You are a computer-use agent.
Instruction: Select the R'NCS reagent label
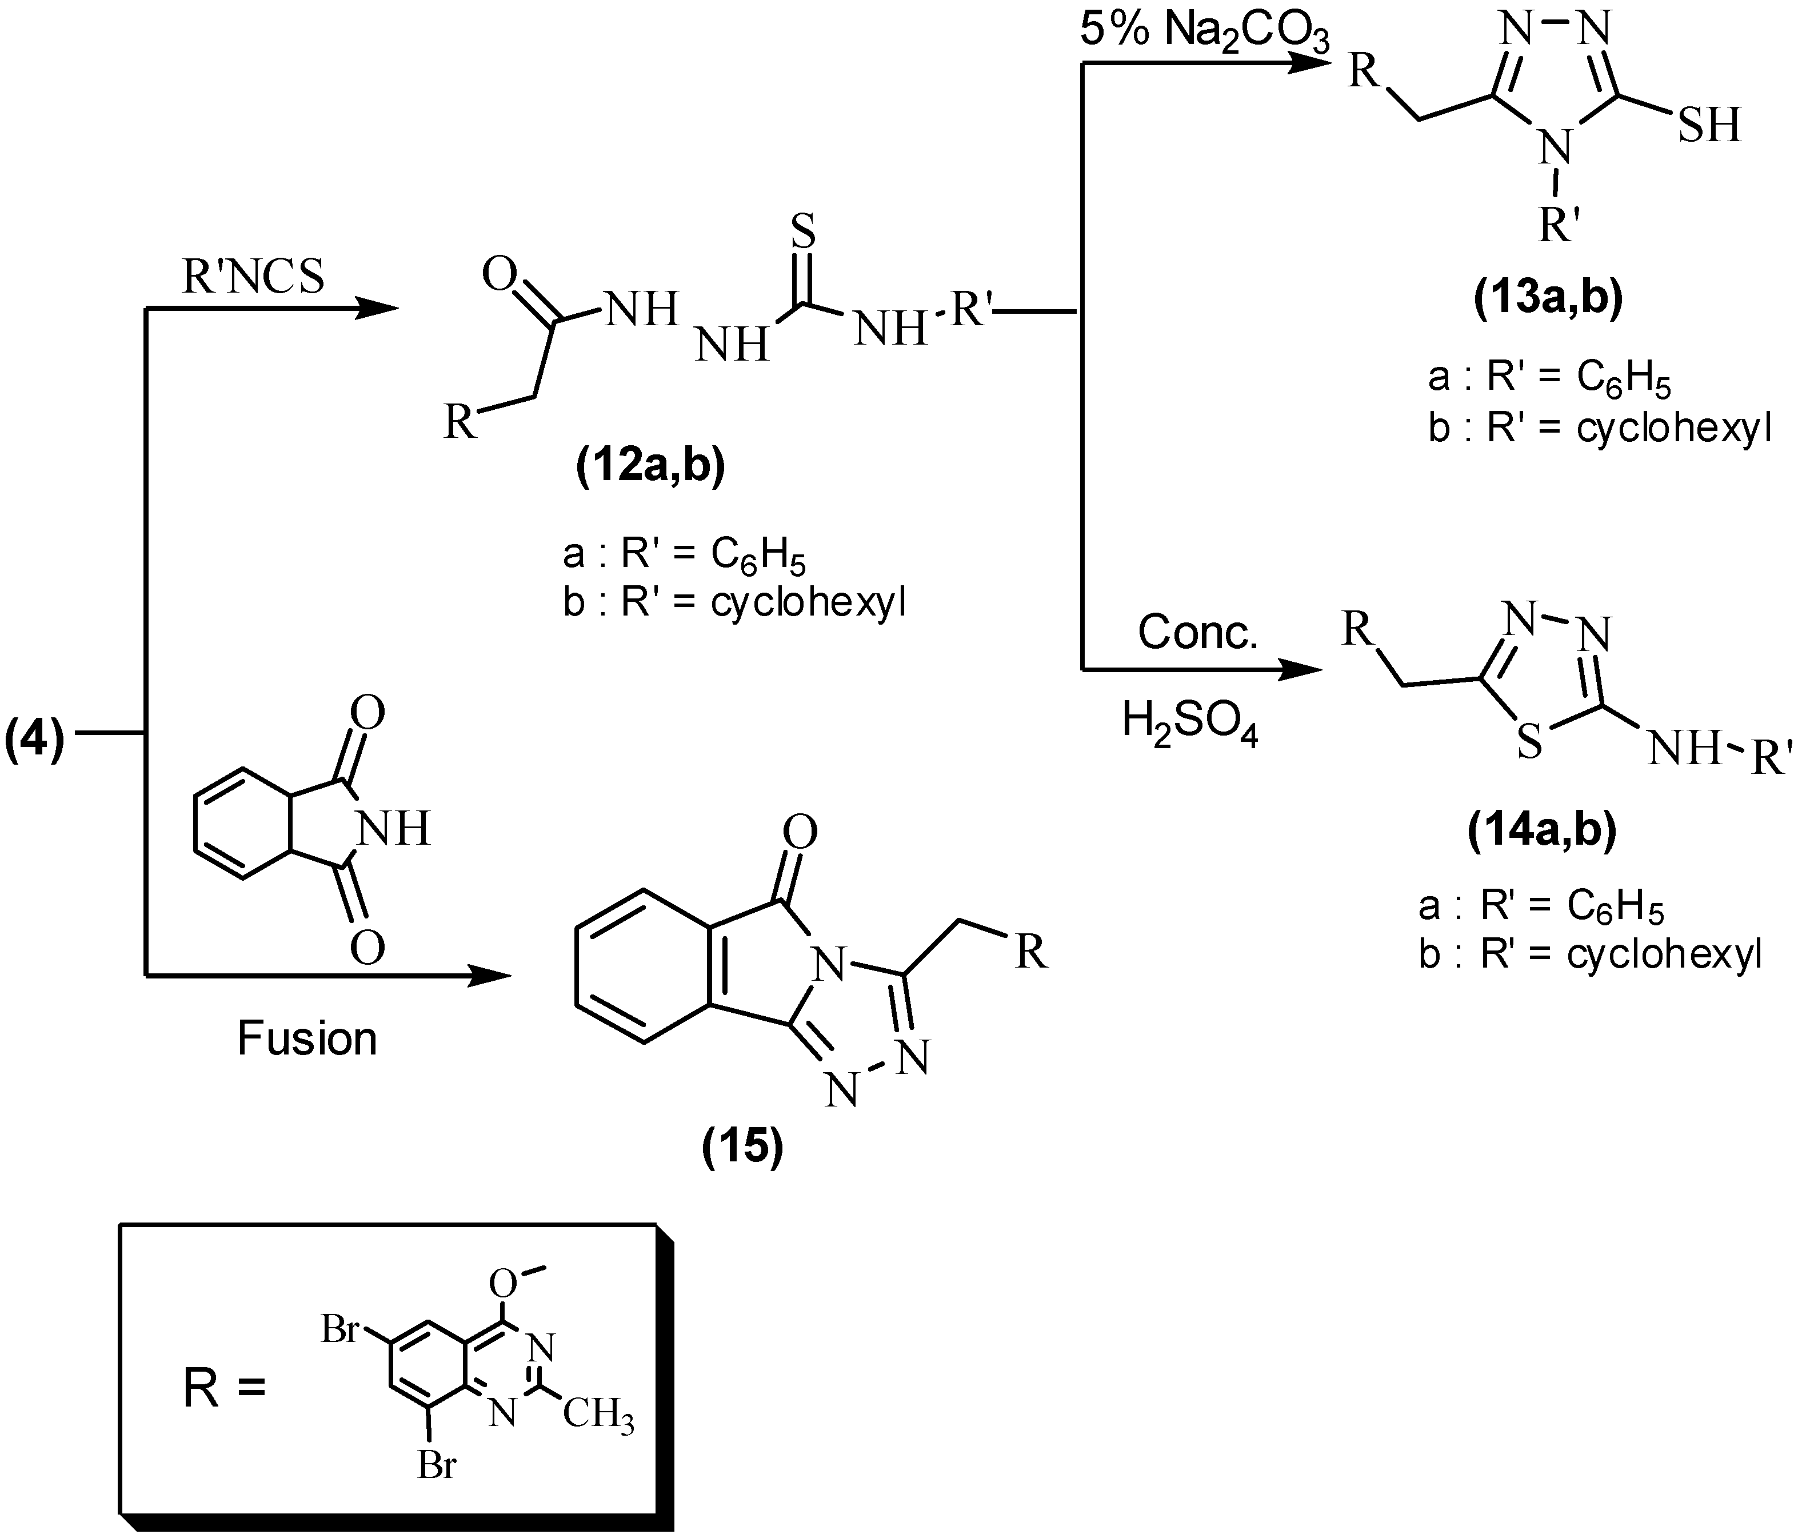click(253, 278)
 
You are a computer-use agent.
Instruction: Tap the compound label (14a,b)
click(1542, 830)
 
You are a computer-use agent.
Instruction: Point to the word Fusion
click(307, 1038)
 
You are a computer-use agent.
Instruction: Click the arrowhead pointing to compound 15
click(490, 976)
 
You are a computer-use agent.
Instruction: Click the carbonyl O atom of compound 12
click(501, 276)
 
